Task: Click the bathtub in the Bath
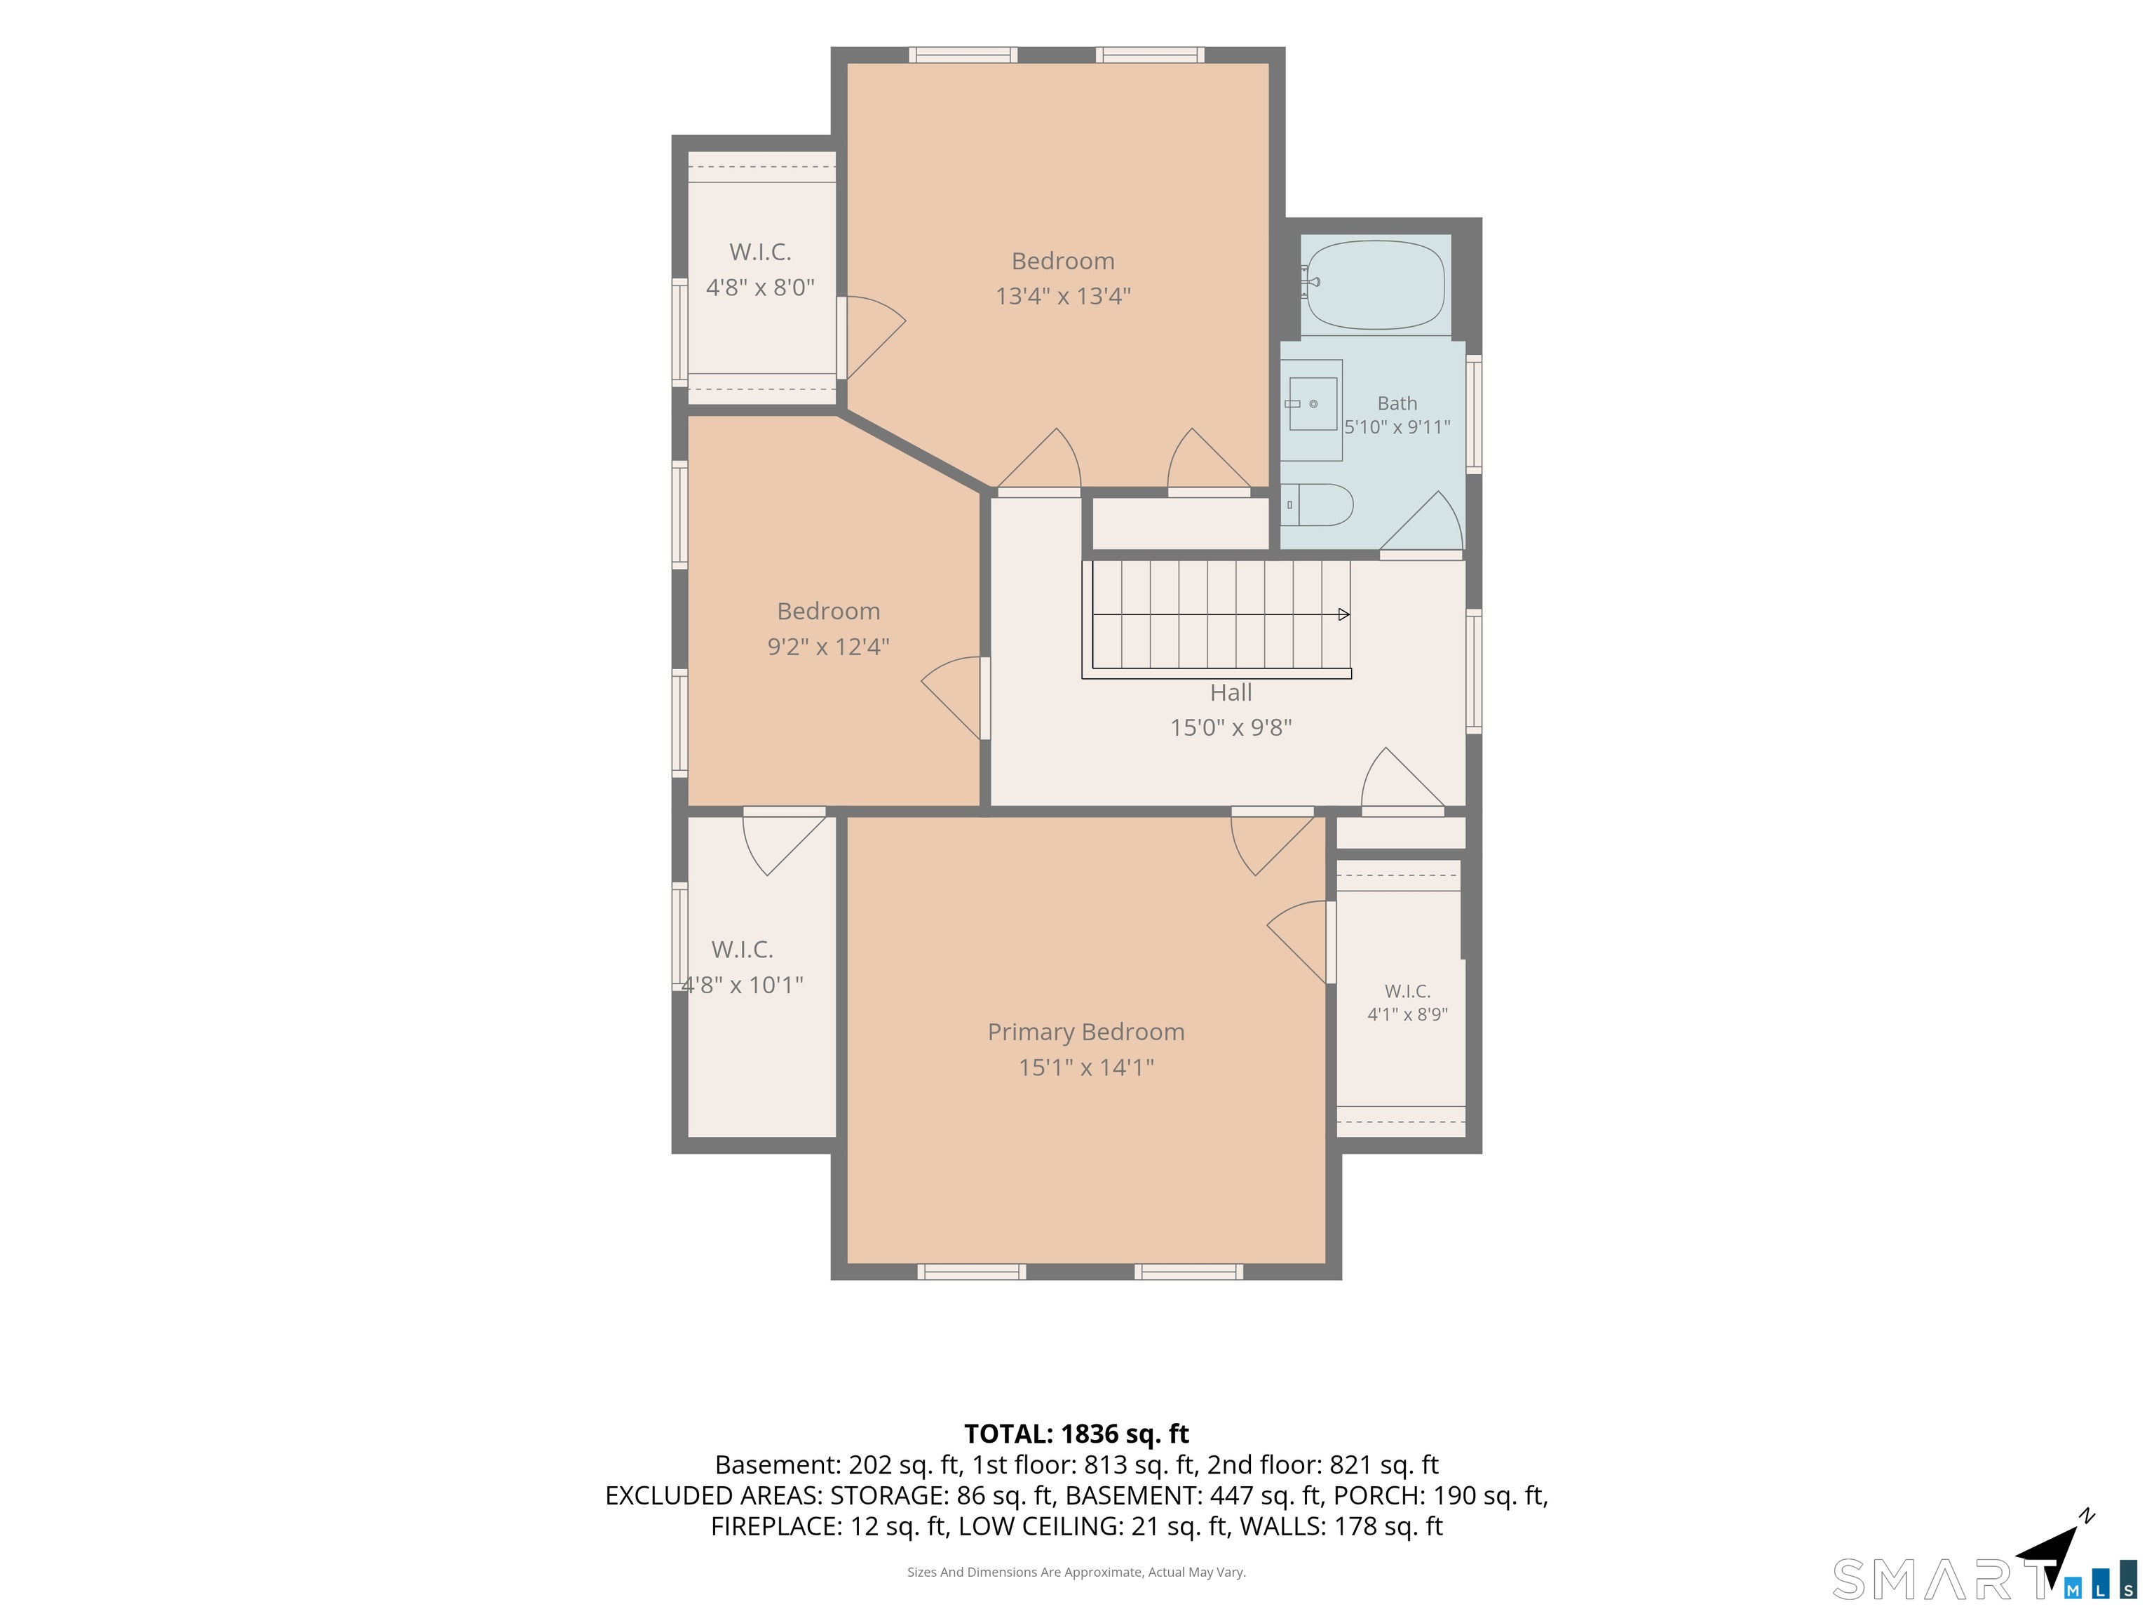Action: pos(1376,285)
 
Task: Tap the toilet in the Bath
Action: pos(1318,504)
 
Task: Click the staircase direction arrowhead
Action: pos(1344,614)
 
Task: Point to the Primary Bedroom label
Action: pos(1085,1032)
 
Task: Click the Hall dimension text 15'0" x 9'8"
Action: pos(1231,727)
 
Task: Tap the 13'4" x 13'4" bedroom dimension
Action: pos(1062,296)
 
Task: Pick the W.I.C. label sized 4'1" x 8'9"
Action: pos(1407,992)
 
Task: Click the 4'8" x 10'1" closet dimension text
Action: pos(743,985)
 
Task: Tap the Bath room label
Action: pos(1397,403)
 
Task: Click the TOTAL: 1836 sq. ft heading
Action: pos(1076,1434)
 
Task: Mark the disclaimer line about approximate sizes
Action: pos(1076,1573)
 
